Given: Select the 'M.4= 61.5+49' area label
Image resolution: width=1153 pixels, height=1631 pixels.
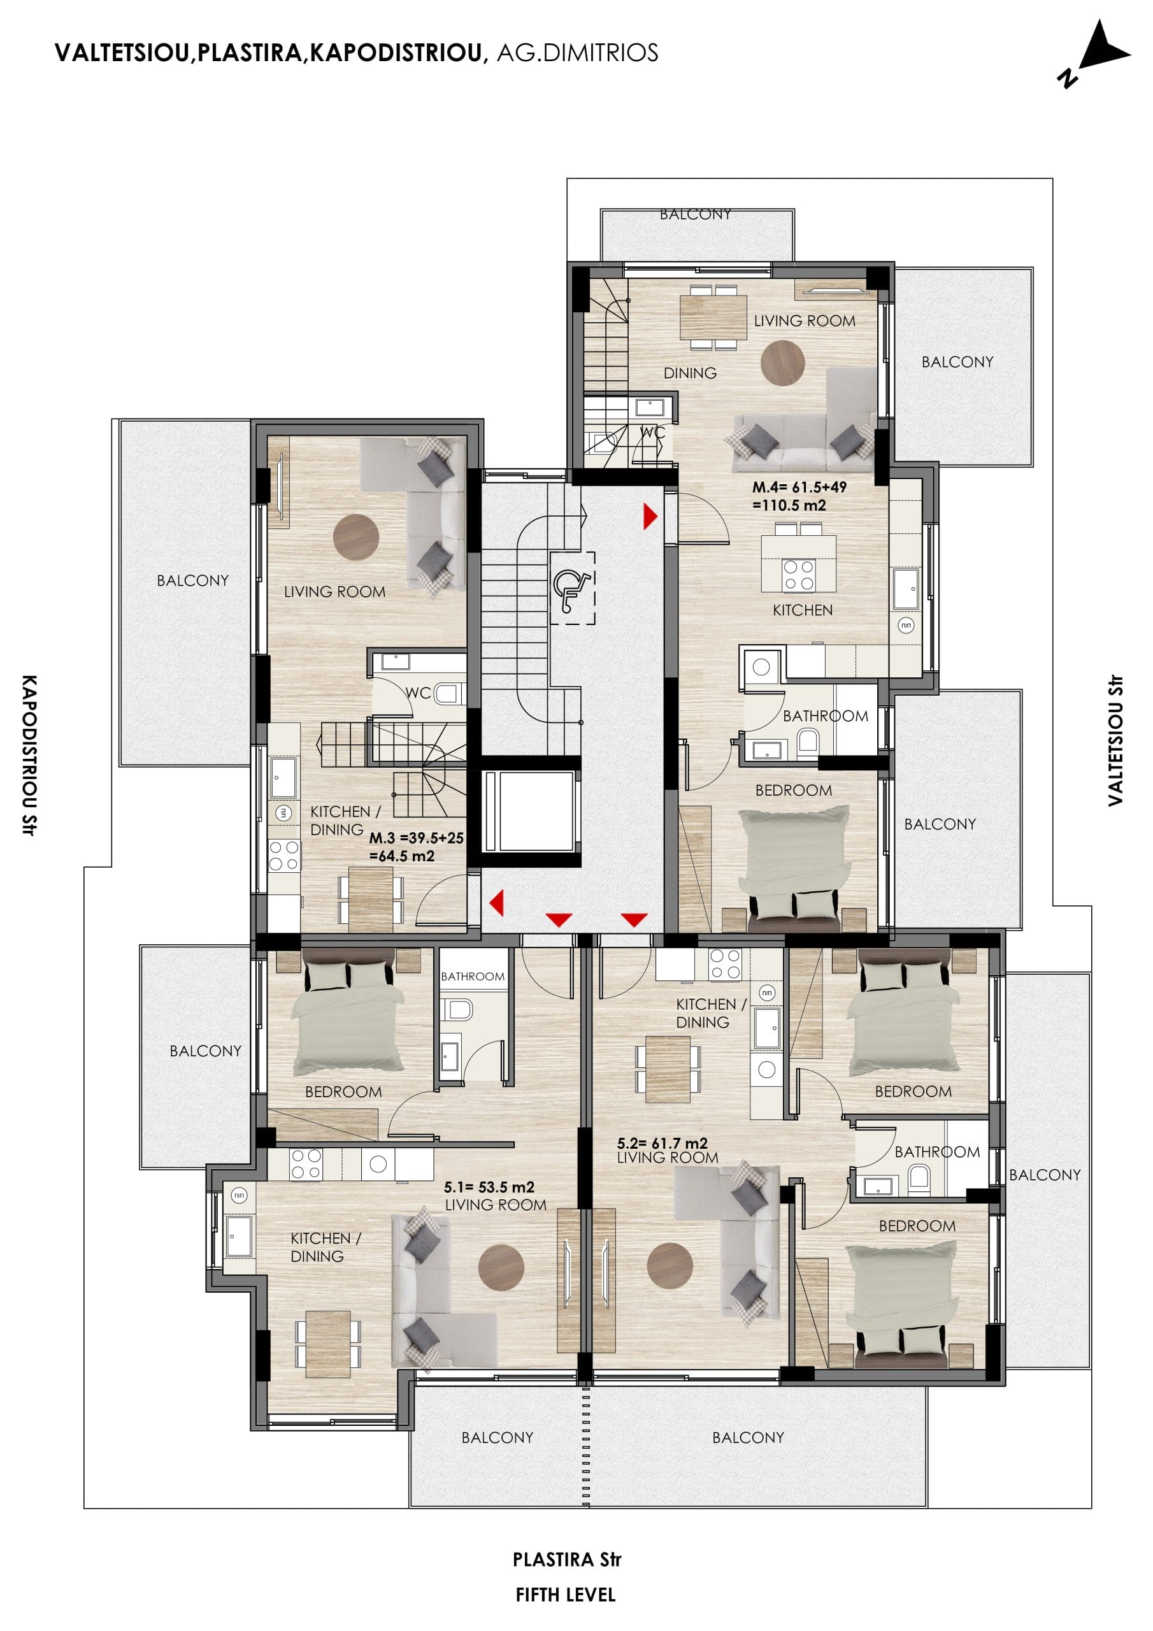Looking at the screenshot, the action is tap(799, 487).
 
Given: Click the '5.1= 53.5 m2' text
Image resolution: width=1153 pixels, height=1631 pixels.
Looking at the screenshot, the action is tap(489, 1187).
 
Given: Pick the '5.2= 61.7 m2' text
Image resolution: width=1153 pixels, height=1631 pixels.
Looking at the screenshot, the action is tap(662, 1143).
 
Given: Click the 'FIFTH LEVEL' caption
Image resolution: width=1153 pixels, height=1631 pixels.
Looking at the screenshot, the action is tap(566, 1595).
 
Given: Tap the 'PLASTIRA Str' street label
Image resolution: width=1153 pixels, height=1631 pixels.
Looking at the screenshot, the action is tap(567, 1559).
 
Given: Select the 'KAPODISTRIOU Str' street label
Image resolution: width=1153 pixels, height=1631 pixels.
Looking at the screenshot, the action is tap(29, 755).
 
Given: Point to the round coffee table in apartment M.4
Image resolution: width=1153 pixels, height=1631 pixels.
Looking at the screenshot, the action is tap(782, 363).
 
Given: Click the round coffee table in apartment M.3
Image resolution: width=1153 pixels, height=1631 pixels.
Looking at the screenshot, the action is tap(356, 537).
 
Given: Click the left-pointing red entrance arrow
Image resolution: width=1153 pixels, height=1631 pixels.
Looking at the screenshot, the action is tap(497, 903).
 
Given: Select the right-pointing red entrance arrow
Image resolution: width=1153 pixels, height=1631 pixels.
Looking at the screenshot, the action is tap(650, 517).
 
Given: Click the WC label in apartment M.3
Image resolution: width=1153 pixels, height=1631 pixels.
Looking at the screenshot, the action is tap(418, 693).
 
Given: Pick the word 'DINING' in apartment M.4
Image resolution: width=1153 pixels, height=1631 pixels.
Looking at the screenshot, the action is tap(690, 373).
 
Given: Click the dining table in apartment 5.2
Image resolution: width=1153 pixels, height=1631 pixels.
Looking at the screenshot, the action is tap(668, 1069).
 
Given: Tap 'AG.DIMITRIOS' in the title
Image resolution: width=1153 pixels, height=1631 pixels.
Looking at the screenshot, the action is tap(577, 53).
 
